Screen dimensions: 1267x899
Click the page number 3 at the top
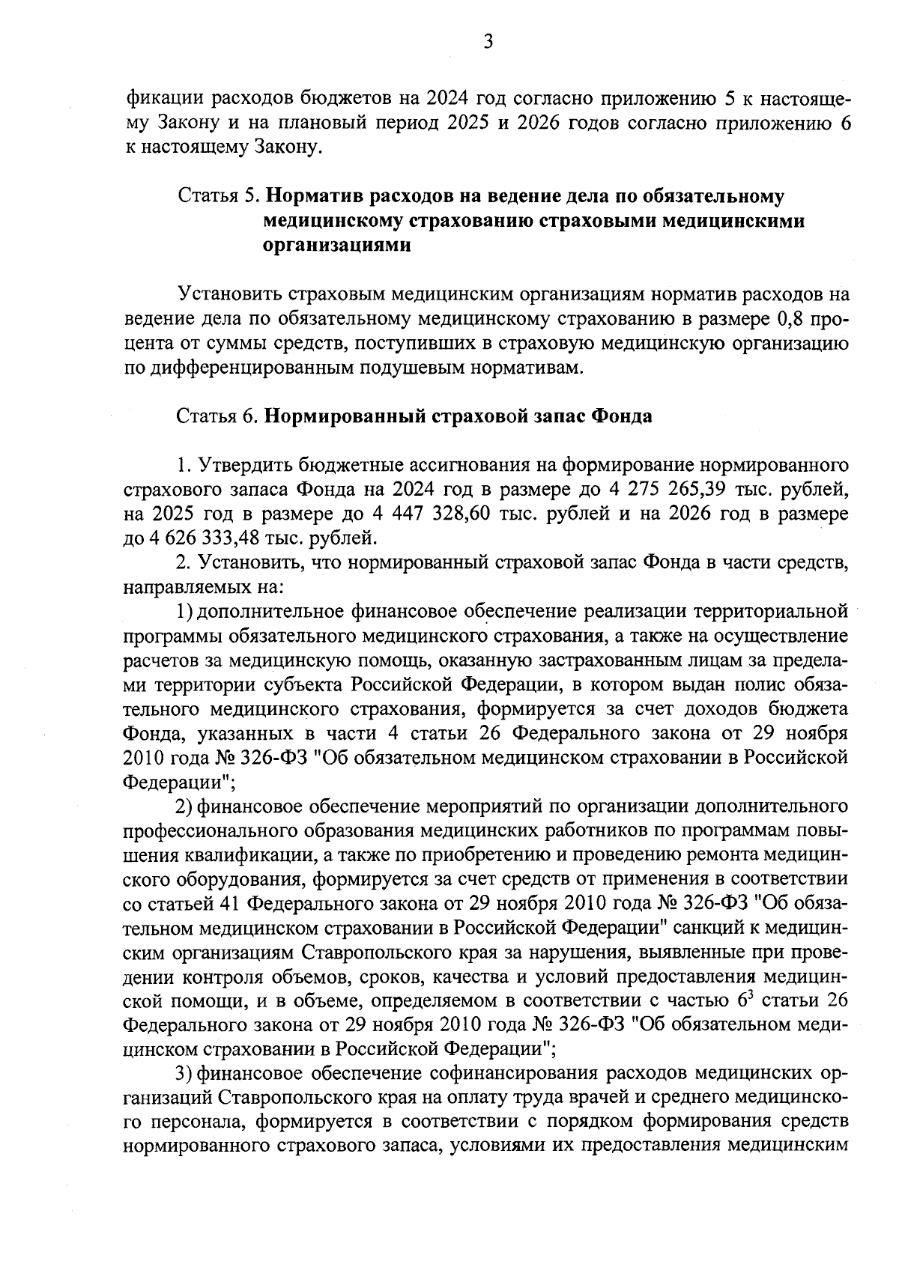[488, 43]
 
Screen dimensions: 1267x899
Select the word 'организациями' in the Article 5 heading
[337, 246]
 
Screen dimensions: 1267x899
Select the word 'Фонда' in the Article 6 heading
[622, 416]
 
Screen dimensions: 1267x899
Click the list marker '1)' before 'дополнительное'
[185, 611]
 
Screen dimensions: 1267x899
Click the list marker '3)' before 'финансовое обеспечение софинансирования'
[185, 1073]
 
